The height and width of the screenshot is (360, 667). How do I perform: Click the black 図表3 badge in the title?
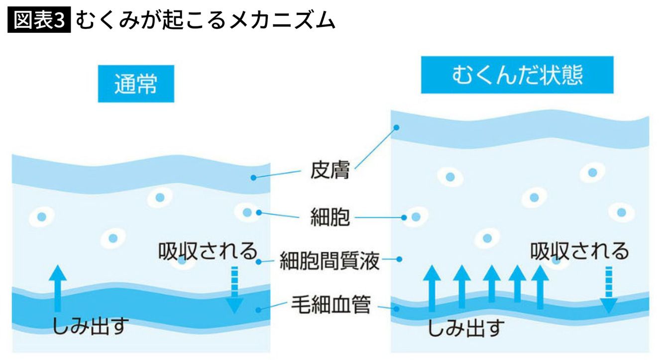pyautogui.click(x=39, y=20)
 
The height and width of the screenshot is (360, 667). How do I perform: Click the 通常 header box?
pyautogui.click(x=136, y=84)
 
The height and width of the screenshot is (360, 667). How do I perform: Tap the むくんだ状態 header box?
pyautogui.click(x=517, y=75)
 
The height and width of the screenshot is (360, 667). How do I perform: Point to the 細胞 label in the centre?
pyautogui.click(x=330, y=217)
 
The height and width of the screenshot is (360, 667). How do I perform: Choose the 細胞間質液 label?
pyautogui.click(x=330, y=260)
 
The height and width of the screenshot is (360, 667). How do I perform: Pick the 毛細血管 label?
pyautogui.click(x=331, y=305)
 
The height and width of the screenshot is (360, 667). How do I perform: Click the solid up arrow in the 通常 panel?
pyautogui.click(x=59, y=289)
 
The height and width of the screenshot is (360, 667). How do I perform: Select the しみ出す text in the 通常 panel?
pyautogui.click(x=91, y=327)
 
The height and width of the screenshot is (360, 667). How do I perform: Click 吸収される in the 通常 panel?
pyautogui.click(x=208, y=251)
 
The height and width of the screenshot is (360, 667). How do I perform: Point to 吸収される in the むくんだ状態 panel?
pyautogui.click(x=579, y=251)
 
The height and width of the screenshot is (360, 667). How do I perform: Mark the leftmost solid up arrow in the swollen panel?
pyautogui.click(x=432, y=287)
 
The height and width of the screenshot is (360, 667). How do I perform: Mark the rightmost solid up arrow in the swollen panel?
pyautogui.click(x=540, y=287)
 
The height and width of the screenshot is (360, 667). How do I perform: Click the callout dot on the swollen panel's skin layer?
pyautogui.click(x=396, y=127)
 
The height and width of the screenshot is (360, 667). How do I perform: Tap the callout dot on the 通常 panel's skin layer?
pyautogui.click(x=253, y=177)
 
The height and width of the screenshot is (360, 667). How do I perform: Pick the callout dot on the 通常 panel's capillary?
pyautogui.click(x=258, y=310)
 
